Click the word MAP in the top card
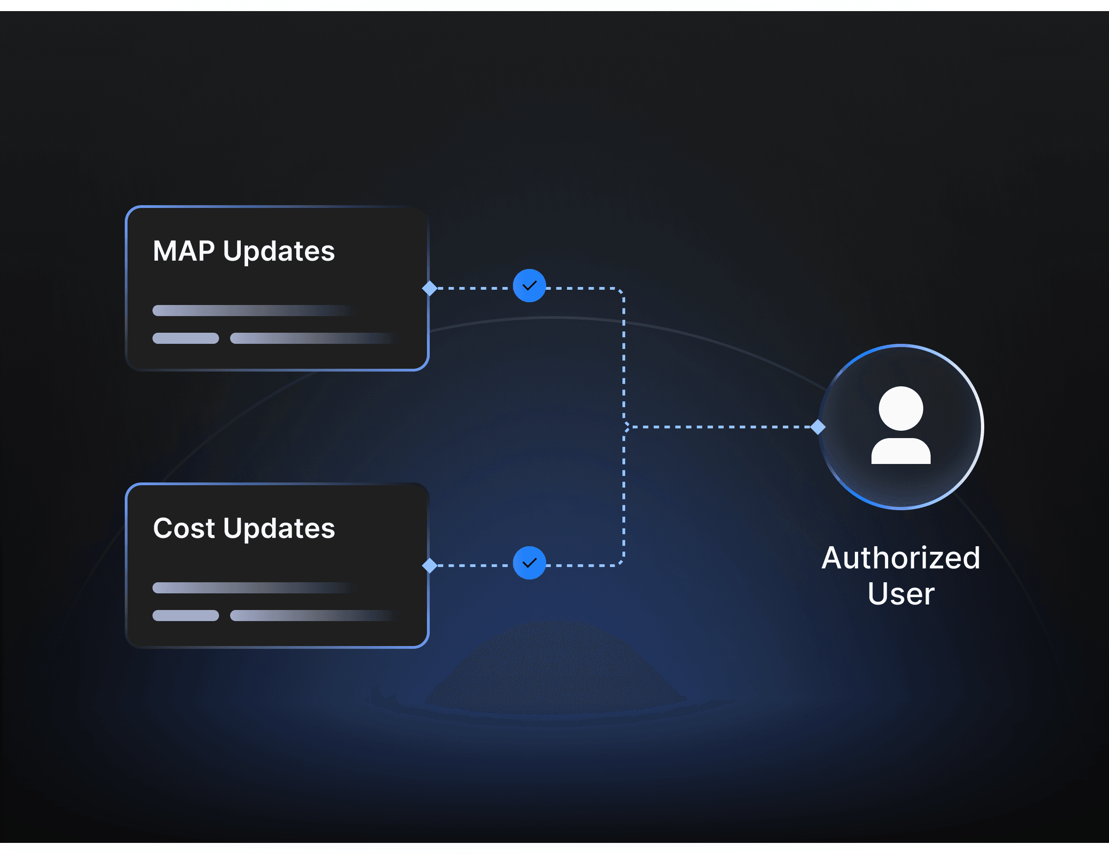coord(183,251)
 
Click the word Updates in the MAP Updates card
coord(279,252)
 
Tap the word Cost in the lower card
coord(183,528)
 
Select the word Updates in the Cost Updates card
coord(279,529)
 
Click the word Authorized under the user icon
coord(900,558)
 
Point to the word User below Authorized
coord(900,593)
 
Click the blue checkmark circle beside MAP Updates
coord(529,286)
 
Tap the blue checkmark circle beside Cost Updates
coord(529,562)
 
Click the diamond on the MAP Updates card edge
coord(430,288)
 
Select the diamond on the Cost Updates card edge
coord(430,565)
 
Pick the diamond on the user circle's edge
coord(817,427)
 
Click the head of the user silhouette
coord(901,408)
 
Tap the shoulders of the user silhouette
coord(901,451)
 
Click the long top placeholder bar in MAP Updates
coord(249,310)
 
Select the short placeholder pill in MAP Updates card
coord(185,338)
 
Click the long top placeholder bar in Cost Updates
coord(249,587)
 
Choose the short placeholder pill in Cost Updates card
coord(185,616)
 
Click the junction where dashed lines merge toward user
coord(625,427)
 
